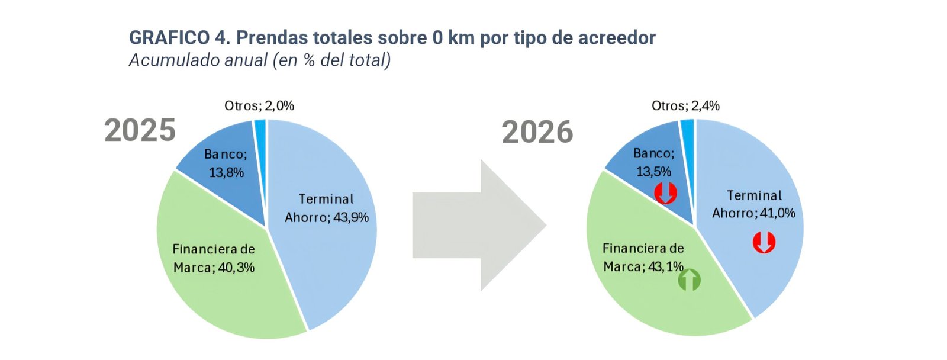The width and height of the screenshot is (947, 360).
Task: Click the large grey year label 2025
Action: (x=140, y=130)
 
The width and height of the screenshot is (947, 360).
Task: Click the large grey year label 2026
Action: (x=537, y=132)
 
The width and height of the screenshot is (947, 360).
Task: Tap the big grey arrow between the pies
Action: (x=479, y=225)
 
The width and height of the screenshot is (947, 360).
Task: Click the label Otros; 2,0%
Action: (x=259, y=105)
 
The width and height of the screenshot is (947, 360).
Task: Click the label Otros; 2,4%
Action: (x=685, y=105)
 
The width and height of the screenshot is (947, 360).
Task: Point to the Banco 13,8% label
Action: (x=226, y=163)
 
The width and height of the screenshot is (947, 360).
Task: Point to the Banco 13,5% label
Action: (x=653, y=162)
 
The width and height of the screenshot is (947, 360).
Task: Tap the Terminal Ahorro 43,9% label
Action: (x=326, y=208)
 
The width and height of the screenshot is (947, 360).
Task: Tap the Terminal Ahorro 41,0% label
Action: (x=754, y=204)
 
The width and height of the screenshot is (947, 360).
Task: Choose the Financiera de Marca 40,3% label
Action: (x=214, y=258)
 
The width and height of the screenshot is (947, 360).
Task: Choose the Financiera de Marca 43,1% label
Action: (x=643, y=257)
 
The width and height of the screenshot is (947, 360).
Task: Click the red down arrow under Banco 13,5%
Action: (x=665, y=194)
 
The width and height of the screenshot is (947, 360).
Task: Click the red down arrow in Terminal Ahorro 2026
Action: (x=764, y=242)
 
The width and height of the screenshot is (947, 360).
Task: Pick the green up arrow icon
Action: (x=689, y=280)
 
